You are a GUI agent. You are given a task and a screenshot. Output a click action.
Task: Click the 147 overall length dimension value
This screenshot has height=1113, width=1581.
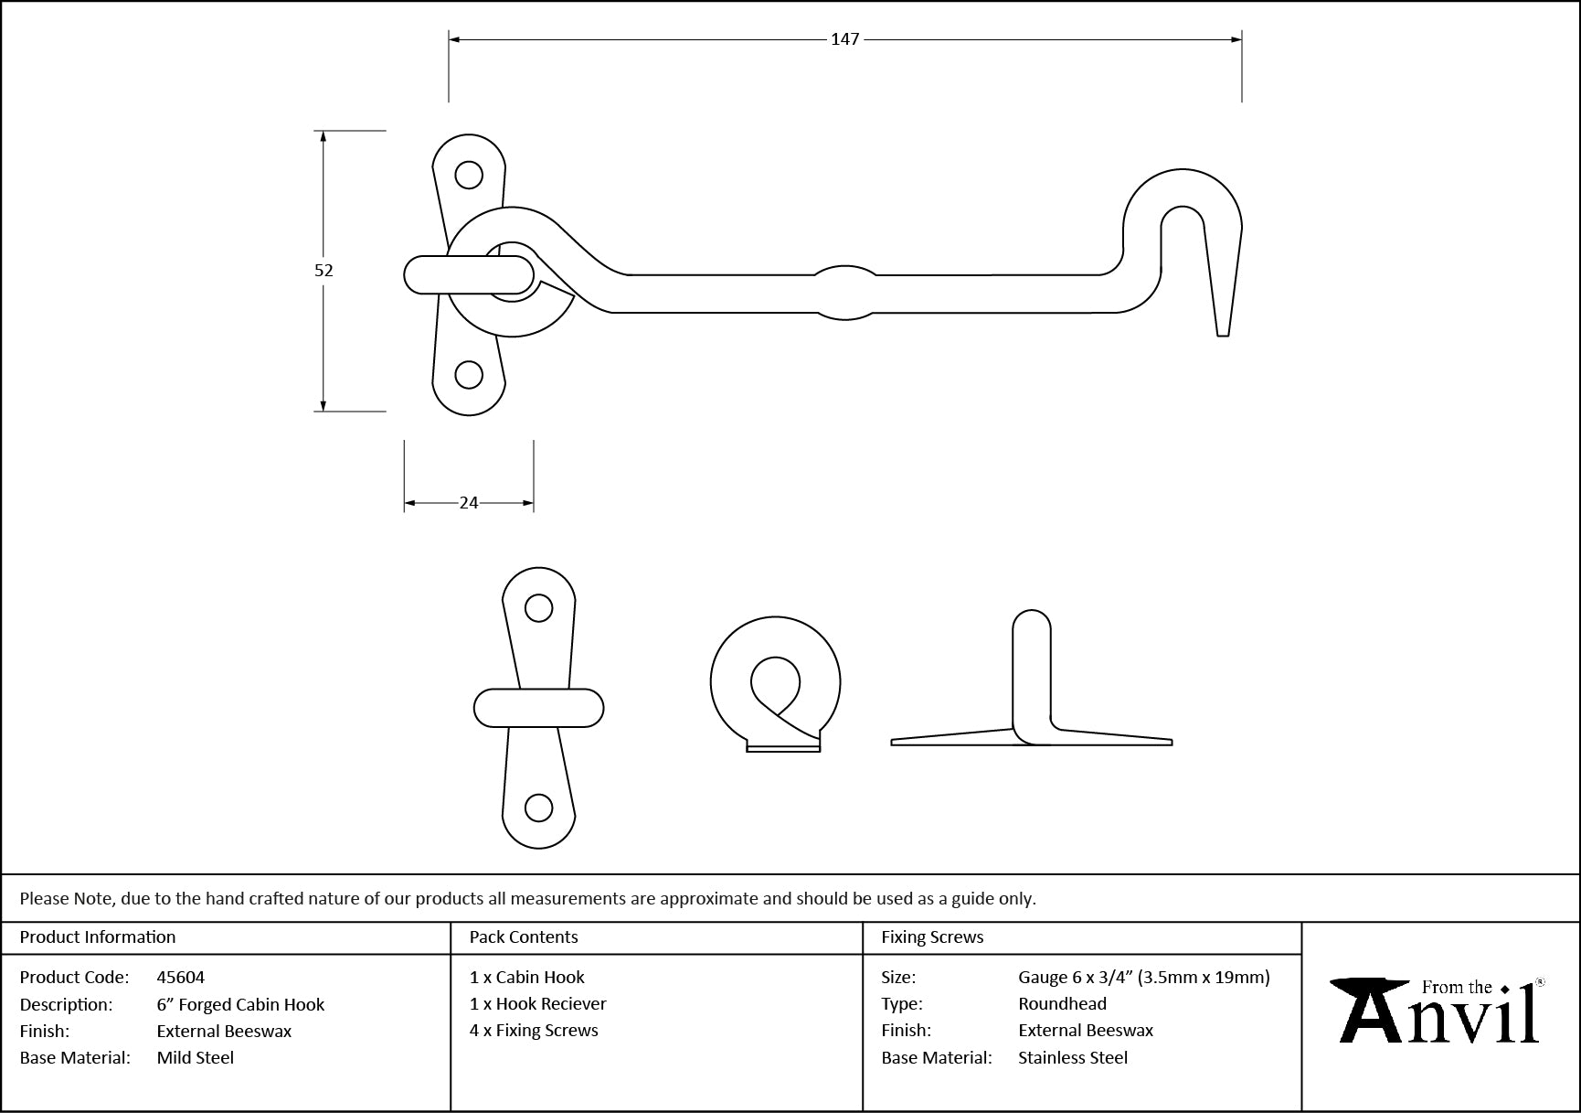[845, 39]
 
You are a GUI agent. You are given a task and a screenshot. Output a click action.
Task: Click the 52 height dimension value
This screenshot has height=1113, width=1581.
[324, 270]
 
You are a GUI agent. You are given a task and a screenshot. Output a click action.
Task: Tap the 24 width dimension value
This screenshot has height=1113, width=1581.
[469, 502]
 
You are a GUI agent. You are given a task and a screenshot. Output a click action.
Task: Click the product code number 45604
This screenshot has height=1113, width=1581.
[181, 977]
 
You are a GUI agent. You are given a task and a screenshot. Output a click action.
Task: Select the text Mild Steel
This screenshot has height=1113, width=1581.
[196, 1057]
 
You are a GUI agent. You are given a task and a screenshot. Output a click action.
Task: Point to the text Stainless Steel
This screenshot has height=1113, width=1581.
[1073, 1057]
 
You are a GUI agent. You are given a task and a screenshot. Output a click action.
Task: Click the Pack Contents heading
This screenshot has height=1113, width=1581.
[524, 936]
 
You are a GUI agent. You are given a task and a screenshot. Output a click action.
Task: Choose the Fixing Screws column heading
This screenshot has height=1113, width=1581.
[932, 936]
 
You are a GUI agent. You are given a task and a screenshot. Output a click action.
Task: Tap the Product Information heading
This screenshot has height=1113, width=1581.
[98, 936]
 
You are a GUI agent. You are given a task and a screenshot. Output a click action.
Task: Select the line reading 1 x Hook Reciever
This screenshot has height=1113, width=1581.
[538, 1003]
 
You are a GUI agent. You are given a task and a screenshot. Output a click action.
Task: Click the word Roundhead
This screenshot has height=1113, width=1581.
[1062, 1003]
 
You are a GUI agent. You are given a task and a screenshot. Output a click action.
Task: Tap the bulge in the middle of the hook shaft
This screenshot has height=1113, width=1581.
[845, 293]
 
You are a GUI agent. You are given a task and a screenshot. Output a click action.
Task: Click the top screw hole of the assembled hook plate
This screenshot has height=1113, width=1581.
[469, 174]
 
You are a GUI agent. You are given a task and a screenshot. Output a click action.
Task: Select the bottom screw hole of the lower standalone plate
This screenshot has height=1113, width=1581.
[539, 808]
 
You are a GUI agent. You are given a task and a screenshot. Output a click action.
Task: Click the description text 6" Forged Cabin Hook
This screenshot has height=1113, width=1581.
[240, 1004]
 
